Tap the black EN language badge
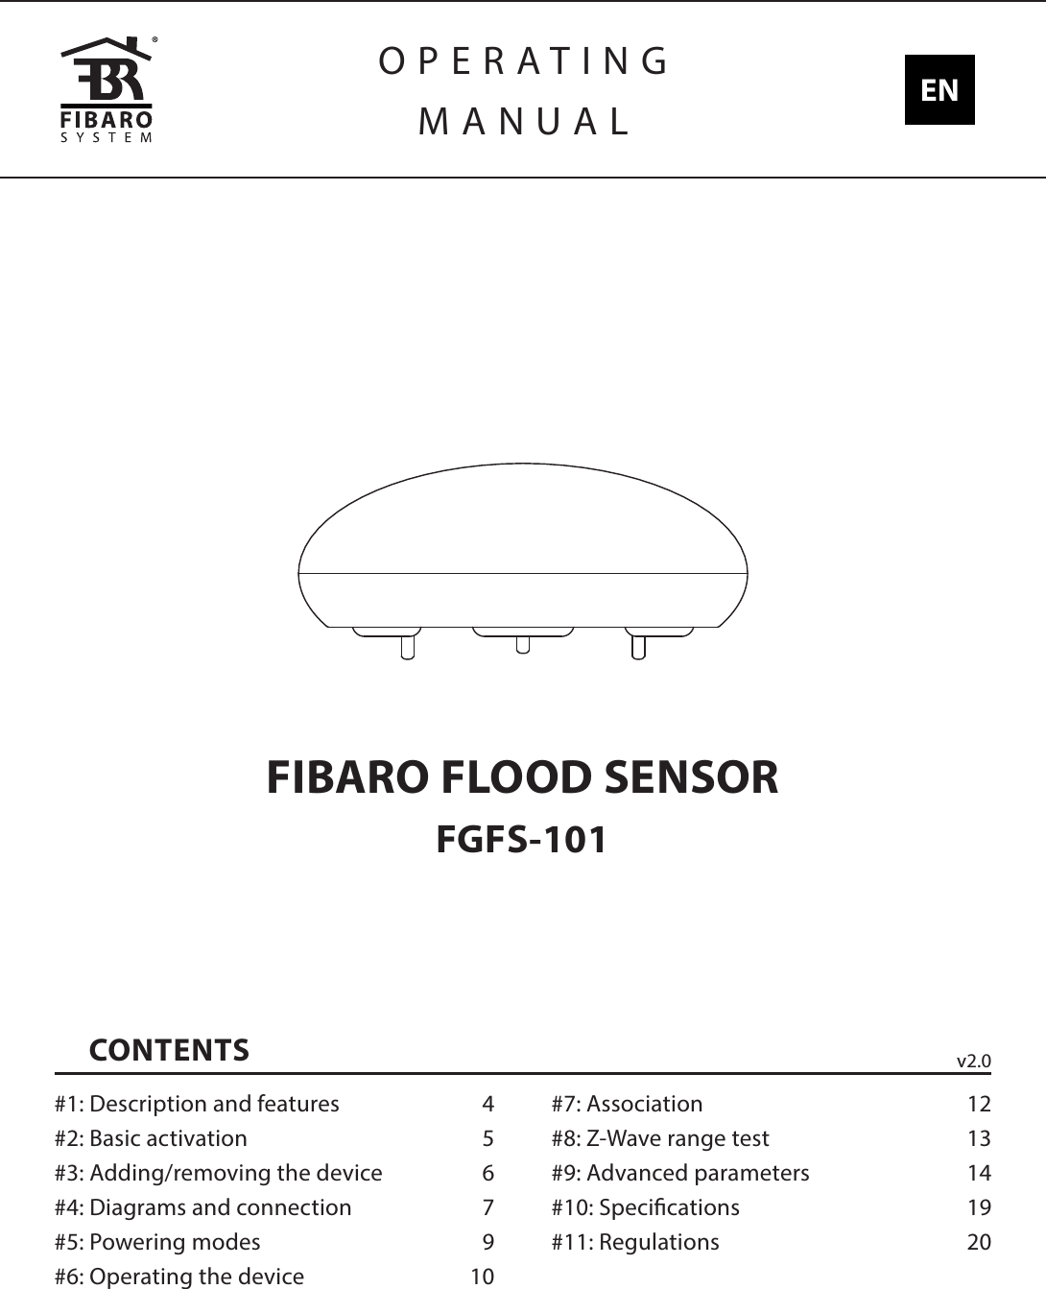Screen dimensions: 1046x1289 click(939, 90)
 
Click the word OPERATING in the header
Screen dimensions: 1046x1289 click(524, 61)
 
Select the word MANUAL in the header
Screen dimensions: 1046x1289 click(524, 121)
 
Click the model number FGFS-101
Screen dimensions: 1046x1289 click(522, 840)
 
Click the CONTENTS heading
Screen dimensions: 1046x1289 click(169, 1049)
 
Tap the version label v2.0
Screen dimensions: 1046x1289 click(973, 1061)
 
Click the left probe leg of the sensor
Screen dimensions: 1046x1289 click(407, 646)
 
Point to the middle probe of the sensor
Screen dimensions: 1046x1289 click(522, 642)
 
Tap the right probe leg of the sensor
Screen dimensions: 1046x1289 click(638, 646)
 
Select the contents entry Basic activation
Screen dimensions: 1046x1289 click(167, 1138)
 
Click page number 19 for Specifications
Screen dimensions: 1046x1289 click(979, 1207)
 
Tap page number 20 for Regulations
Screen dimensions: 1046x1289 click(979, 1242)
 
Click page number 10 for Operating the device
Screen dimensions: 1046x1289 click(482, 1277)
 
